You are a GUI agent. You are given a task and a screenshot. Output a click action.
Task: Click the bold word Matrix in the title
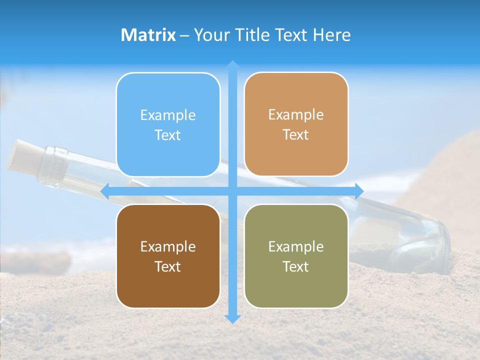(148, 35)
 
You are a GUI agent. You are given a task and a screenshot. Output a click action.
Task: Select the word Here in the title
(332, 35)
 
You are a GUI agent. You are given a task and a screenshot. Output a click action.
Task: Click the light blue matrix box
(168, 125)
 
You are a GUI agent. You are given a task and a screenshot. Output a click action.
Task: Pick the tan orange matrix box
(296, 124)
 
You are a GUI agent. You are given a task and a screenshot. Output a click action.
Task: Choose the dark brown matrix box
(168, 256)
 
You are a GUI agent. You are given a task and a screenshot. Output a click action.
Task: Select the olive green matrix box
(296, 256)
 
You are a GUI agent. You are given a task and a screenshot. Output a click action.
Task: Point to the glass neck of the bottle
(54, 166)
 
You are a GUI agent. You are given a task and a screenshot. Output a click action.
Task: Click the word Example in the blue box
(168, 115)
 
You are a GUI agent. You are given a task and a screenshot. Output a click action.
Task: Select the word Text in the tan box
(296, 135)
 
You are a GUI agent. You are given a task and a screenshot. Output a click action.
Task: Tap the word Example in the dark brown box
(168, 246)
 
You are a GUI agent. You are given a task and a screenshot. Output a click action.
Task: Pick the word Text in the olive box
(296, 266)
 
